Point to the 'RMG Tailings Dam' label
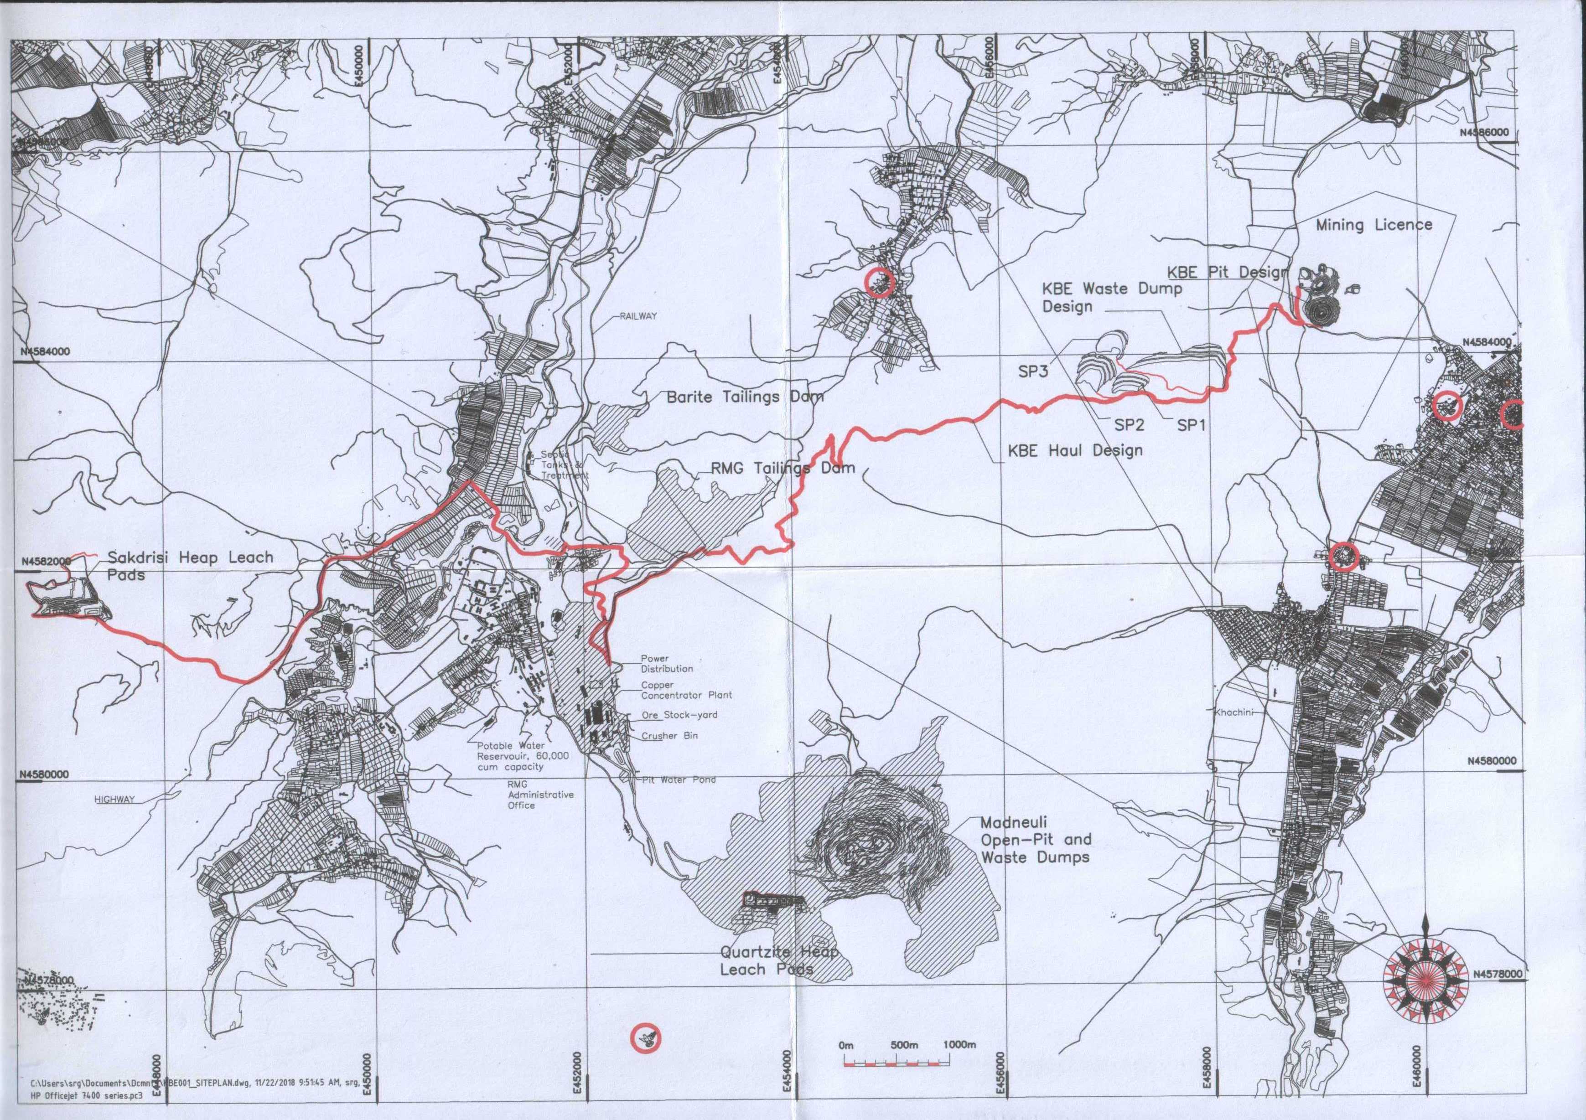782,468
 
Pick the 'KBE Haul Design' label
1075,450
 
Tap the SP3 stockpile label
1033,372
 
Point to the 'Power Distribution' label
666,664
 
